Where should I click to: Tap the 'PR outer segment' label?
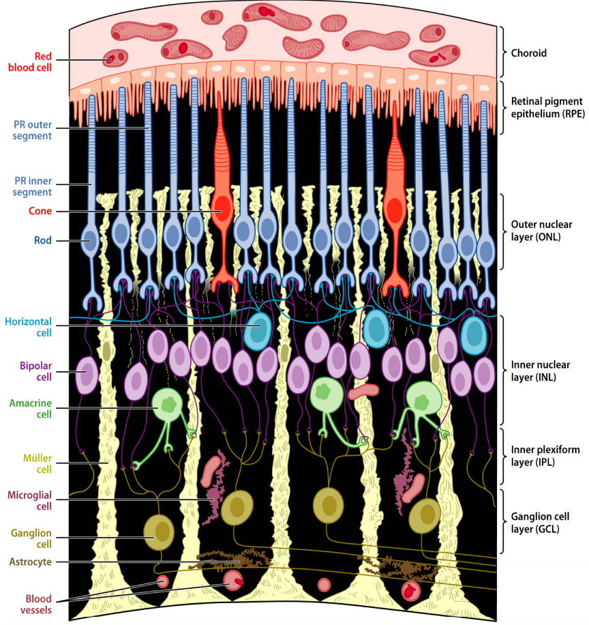(33, 130)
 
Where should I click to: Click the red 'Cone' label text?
(40, 212)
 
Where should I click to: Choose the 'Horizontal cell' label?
(28, 327)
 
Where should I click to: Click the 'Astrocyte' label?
(30, 562)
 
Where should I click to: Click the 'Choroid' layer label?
(529, 53)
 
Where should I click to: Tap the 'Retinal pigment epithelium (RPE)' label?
(545, 108)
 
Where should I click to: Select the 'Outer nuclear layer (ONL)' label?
(542, 231)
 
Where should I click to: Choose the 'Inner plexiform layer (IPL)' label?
(542, 456)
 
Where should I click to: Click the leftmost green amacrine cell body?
(168, 404)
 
